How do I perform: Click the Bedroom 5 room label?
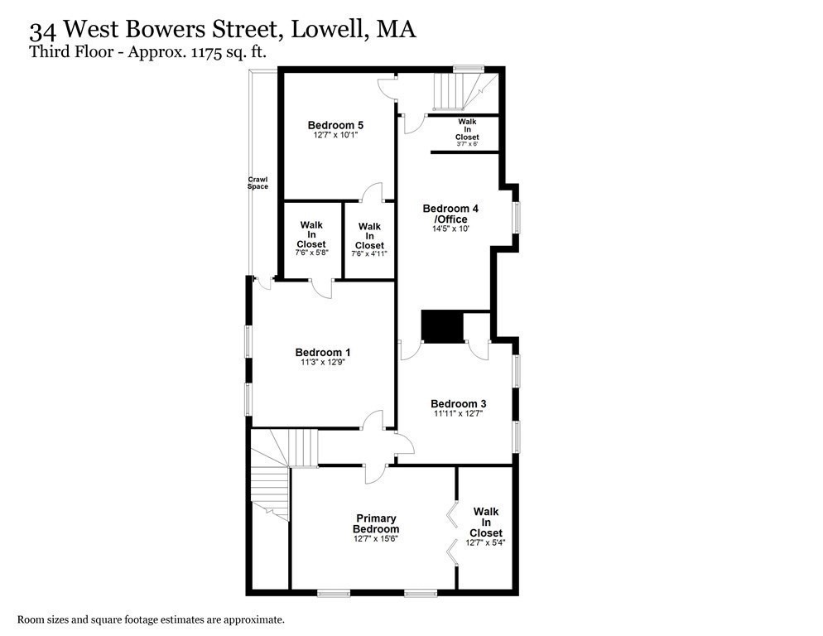coord(336,126)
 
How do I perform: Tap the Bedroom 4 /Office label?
coord(445,213)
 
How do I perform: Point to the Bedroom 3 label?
coord(458,403)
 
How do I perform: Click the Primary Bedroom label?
coord(376,523)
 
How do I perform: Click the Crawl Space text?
coord(257,183)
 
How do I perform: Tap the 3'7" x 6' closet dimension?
coord(467,144)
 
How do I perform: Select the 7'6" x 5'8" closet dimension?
coord(311,253)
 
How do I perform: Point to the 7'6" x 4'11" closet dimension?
coord(369,253)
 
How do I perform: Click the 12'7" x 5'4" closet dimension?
coord(485,543)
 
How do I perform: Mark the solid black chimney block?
coord(441,325)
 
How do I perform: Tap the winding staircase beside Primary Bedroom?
coord(270,480)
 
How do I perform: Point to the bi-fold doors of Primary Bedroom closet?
coord(452,532)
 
